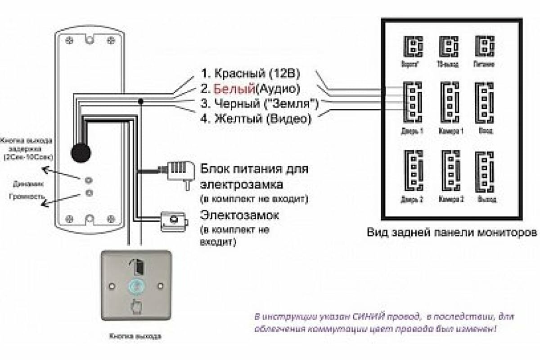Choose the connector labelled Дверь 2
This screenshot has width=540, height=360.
(412, 171)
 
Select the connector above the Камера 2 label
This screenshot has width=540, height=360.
(450, 171)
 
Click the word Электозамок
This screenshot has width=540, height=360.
(239, 215)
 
